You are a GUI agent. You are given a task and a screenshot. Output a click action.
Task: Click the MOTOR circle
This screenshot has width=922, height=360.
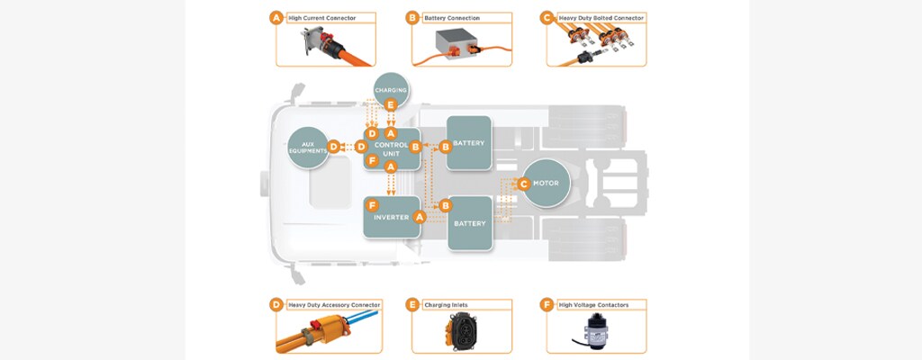coord(551,184)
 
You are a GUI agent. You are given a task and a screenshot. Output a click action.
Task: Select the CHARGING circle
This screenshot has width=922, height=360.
coord(391,90)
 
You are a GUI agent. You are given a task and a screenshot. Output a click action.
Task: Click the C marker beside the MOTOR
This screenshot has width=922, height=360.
coord(524,184)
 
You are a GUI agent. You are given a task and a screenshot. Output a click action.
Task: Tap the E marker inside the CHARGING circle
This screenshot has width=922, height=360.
coord(391,104)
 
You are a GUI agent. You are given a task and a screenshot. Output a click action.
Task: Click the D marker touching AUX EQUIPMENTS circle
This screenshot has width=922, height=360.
coord(334,146)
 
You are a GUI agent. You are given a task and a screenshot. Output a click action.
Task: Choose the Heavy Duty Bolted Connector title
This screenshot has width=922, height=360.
coord(601,17)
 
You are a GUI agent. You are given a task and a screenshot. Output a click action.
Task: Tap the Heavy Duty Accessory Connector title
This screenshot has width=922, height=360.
coord(333,305)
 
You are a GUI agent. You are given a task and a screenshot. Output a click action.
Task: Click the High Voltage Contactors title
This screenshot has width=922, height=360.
coord(593,305)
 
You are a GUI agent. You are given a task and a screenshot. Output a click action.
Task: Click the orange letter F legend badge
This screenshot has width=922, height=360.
coord(546,305)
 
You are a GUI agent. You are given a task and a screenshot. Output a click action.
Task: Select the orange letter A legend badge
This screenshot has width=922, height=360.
coord(276,17)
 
